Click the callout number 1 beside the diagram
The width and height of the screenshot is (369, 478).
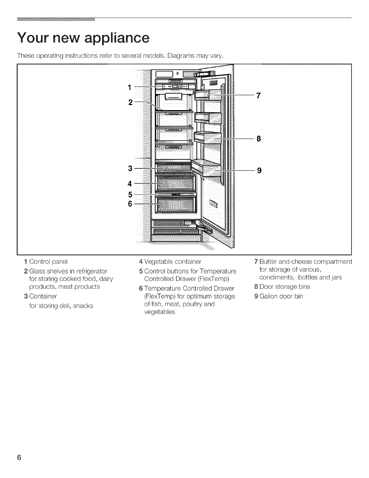(x=129, y=88)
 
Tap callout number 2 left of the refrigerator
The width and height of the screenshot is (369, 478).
(x=130, y=102)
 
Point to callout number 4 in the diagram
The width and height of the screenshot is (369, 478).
(x=130, y=183)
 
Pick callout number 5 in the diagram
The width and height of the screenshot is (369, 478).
(x=130, y=194)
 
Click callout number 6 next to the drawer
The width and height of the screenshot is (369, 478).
(x=130, y=204)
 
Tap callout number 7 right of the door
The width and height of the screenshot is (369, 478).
(x=258, y=96)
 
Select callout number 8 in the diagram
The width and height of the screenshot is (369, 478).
(x=258, y=139)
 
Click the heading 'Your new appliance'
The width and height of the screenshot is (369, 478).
(x=83, y=38)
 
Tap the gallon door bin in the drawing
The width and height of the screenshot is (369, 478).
(x=208, y=169)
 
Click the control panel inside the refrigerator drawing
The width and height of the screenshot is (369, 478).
(x=175, y=87)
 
